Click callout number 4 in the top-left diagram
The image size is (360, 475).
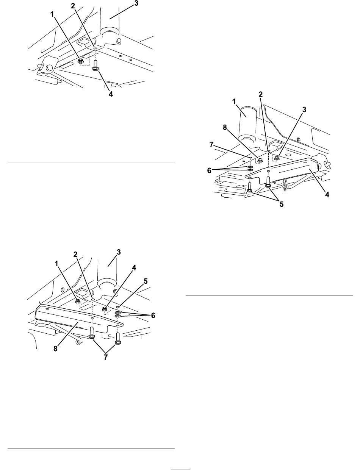[111, 94]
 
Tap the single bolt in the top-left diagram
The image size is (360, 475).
[95, 66]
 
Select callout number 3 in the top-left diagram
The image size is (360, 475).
[136, 3]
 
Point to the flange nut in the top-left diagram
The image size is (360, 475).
[81, 62]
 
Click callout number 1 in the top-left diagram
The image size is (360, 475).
[52, 14]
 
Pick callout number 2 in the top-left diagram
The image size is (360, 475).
[73, 6]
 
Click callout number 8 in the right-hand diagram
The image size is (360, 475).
[225, 128]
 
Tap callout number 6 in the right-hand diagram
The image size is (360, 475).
[209, 170]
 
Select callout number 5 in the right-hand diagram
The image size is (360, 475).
[282, 204]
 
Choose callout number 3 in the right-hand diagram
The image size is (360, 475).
[304, 110]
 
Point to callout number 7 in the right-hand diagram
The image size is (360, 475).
[211, 145]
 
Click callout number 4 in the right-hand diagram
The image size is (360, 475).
[327, 195]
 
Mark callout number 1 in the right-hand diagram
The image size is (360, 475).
[234, 102]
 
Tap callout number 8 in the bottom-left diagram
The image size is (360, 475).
[55, 349]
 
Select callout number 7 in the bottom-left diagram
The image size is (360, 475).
[105, 357]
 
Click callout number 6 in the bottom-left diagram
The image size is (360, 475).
[153, 316]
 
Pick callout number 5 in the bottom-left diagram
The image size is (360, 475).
[146, 281]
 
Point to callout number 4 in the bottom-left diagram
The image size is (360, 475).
[134, 268]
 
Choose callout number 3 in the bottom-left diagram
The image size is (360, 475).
[119, 252]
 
